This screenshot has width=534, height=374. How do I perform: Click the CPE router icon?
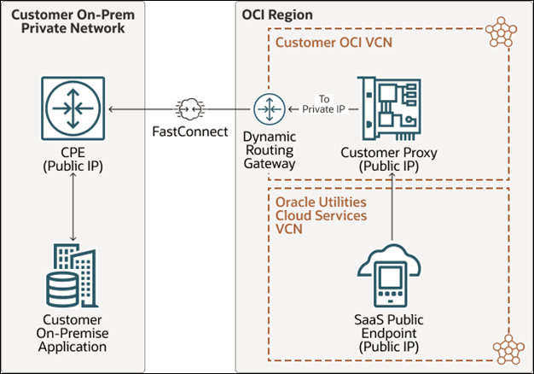click(73, 108)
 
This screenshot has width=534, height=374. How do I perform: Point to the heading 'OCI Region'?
click(277, 15)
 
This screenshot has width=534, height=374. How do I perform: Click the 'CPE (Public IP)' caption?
click(73, 160)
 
